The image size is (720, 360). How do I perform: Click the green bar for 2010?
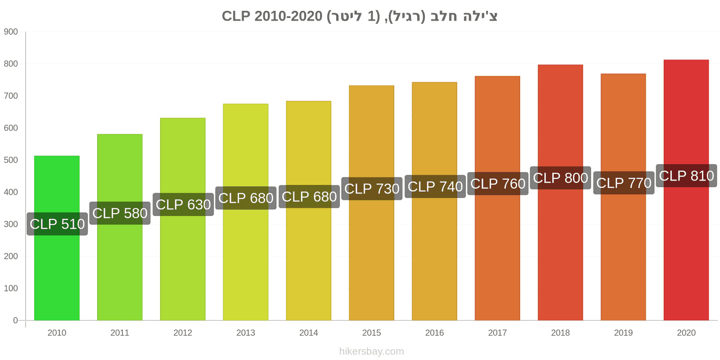[x=57, y=238]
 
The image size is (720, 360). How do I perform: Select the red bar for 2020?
[x=686, y=190]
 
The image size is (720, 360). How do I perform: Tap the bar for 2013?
[x=246, y=212]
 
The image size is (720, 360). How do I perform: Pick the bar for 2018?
[x=560, y=193]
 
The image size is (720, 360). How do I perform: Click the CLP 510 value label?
[x=57, y=224]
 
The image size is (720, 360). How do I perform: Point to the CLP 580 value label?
[x=120, y=213]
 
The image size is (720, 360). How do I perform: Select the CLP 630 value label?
[x=183, y=204]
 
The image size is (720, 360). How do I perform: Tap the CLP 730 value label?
[x=372, y=189]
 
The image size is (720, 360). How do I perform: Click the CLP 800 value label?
[x=561, y=178]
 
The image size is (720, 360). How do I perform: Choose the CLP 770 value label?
[x=624, y=183]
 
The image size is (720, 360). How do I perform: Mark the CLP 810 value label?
[x=687, y=175]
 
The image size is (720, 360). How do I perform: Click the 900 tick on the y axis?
[x=11, y=32]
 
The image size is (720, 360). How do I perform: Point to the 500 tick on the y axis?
[x=11, y=160]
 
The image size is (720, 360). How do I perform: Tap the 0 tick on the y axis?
[x=15, y=320]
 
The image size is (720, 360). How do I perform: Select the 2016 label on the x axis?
[x=435, y=333]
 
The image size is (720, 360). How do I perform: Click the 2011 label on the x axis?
[x=120, y=333]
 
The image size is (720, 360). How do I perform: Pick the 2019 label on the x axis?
[x=623, y=333]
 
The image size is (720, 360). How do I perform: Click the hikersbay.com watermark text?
[x=372, y=351]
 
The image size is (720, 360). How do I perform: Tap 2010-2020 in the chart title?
[x=288, y=16]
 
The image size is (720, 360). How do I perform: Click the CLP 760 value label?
[x=498, y=184]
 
